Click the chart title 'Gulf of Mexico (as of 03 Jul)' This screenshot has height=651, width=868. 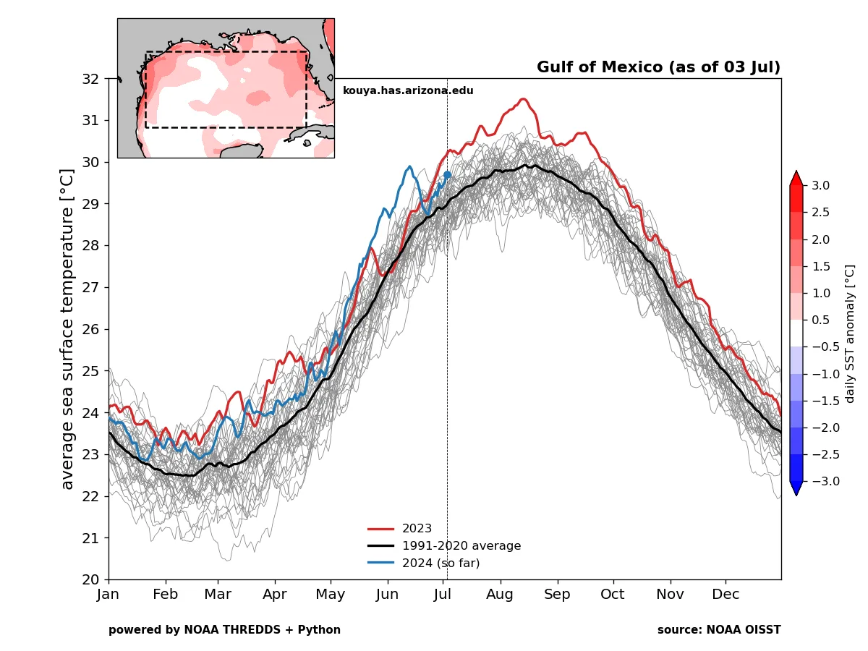pyautogui.click(x=658, y=67)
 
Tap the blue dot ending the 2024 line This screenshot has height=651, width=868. pyautogui.click(x=447, y=174)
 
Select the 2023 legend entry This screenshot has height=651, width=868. pyautogui.click(x=417, y=529)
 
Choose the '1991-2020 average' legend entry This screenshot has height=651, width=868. pyautogui.click(x=461, y=546)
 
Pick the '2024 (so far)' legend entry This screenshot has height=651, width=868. pyautogui.click(x=441, y=563)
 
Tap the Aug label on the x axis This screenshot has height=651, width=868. pyautogui.click(x=500, y=595)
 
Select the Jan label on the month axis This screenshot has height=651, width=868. pyautogui.click(x=109, y=595)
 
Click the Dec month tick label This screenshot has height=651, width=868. pyautogui.click(x=726, y=595)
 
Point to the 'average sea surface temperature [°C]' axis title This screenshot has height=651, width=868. pyautogui.click(x=67, y=329)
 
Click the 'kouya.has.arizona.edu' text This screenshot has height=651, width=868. pyautogui.click(x=408, y=90)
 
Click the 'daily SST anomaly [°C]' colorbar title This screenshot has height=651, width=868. pyautogui.click(x=850, y=333)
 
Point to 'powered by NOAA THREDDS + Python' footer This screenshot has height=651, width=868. pyautogui.click(x=224, y=630)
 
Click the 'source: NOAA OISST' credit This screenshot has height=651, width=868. pyautogui.click(x=719, y=630)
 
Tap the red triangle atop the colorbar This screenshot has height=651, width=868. pyautogui.click(x=796, y=178)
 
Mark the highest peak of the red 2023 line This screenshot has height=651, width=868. pyautogui.click(x=523, y=99)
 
